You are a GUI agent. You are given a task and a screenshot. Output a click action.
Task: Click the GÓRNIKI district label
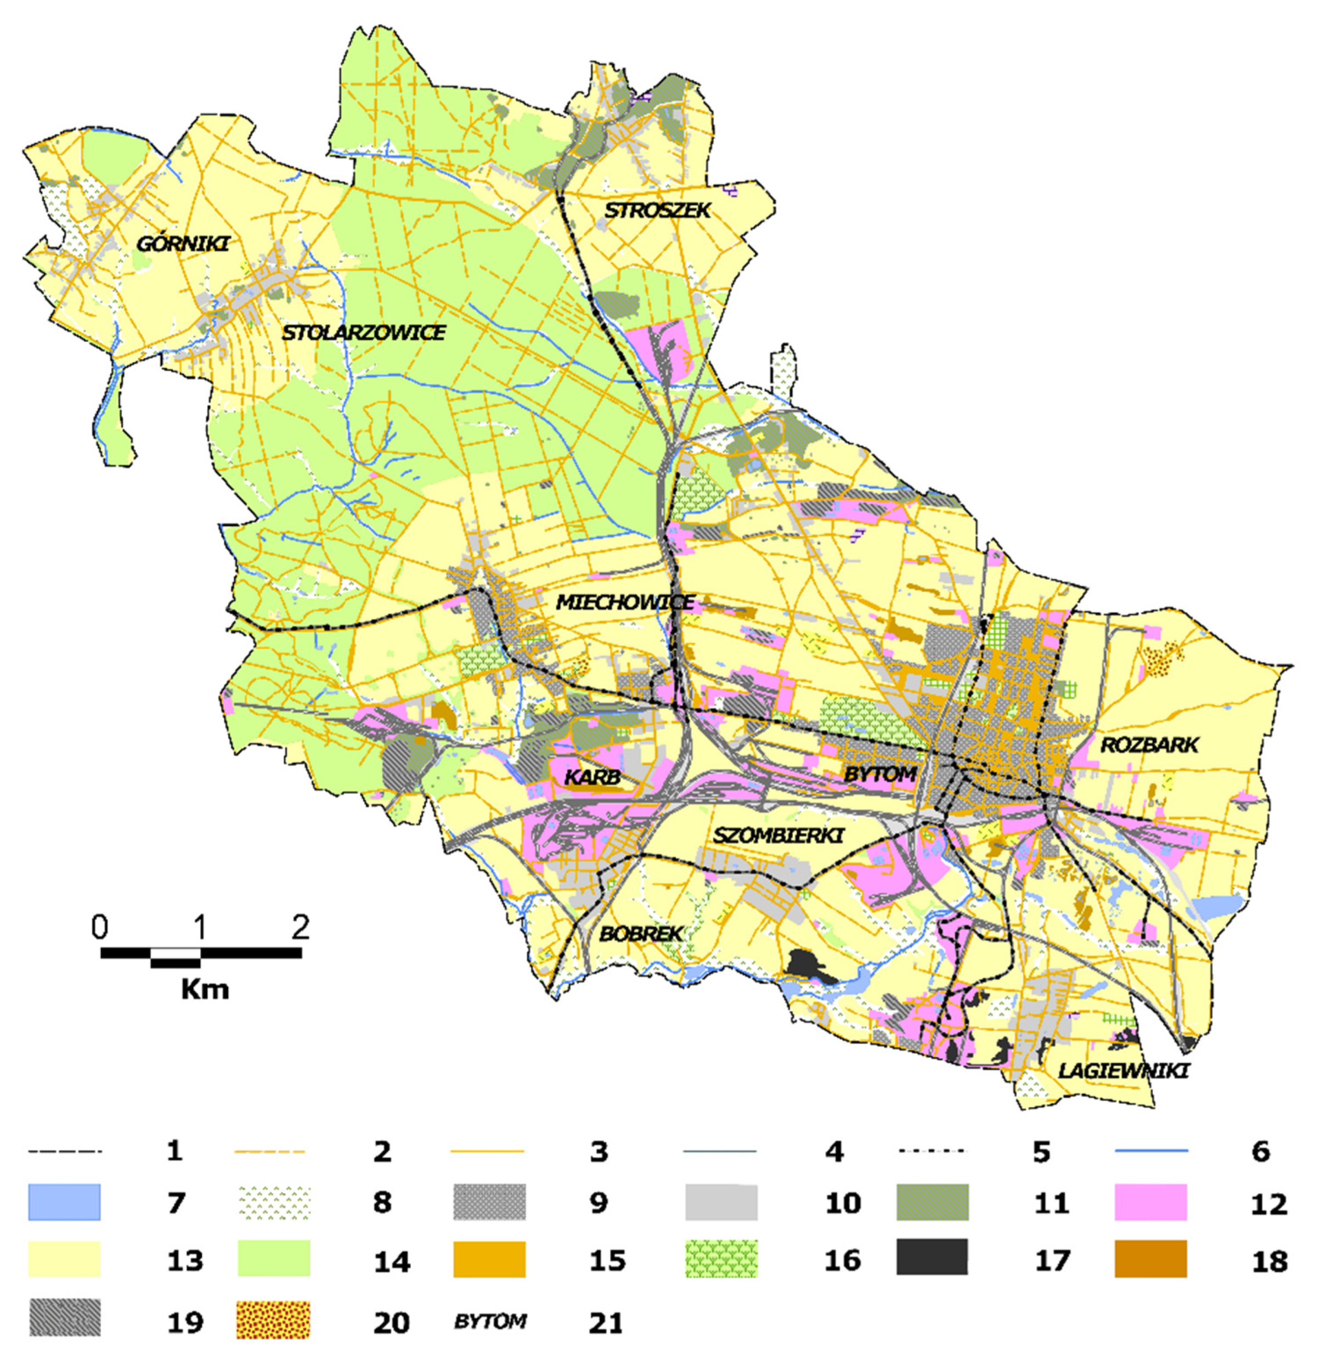click(x=183, y=244)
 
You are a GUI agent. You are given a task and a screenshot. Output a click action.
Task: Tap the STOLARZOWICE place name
click(x=363, y=332)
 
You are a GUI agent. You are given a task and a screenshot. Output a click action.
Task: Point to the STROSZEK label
click(x=657, y=210)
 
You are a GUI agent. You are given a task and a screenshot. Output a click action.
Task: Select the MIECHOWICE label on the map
click(x=625, y=602)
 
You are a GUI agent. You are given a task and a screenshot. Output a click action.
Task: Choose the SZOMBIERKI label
click(x=778, y=835)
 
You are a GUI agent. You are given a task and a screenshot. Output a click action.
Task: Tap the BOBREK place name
click(x=640, y=934)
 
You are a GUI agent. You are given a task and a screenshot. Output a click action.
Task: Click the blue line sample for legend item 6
click(x=1151, y=1150)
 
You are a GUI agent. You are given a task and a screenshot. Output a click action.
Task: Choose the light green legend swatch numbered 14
click(x=274, y=1258)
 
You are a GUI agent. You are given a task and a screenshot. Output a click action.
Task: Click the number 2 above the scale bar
click(x=300, y=927)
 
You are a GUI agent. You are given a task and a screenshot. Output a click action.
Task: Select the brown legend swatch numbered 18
click(x=1150, y=1258)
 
